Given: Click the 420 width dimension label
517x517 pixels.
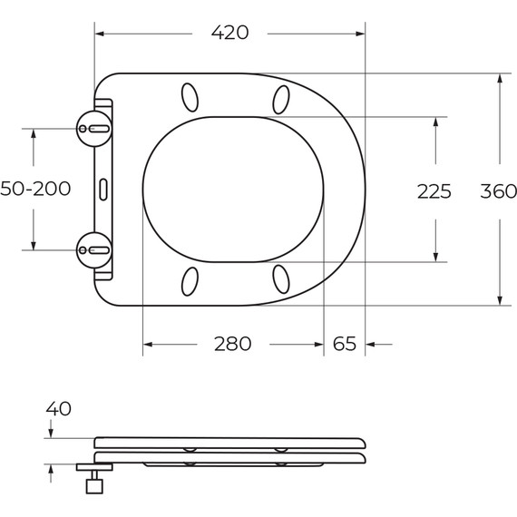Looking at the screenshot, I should pyautogui.click(x=229, y=33).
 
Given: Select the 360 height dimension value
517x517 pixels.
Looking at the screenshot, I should pyautogui.click(x=498, y=191).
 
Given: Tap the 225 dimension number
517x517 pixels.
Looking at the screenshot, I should pyautogui.click(x=434, y=191).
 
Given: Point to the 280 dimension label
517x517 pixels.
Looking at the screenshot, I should pyautogui.click(x=232, y=345).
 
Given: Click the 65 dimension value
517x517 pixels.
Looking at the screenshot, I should pyautogui.click(x=345, y=345).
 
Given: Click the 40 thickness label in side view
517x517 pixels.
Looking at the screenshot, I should pyautogui.click(x=58, y=409).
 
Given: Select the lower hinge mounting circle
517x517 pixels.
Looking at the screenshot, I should pyautogui.click(x=94, y=248).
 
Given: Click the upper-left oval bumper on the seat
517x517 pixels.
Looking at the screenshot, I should pyautogui.click(x=190, y=96).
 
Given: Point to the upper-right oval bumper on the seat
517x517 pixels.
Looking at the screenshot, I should pyautogui.click(x=279, y=97).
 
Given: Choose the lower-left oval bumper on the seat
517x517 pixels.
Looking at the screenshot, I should pyautogui.click(x=190, y=280).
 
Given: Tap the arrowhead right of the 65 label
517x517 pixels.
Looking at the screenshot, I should pyautogui.click(x=372, y=345).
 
